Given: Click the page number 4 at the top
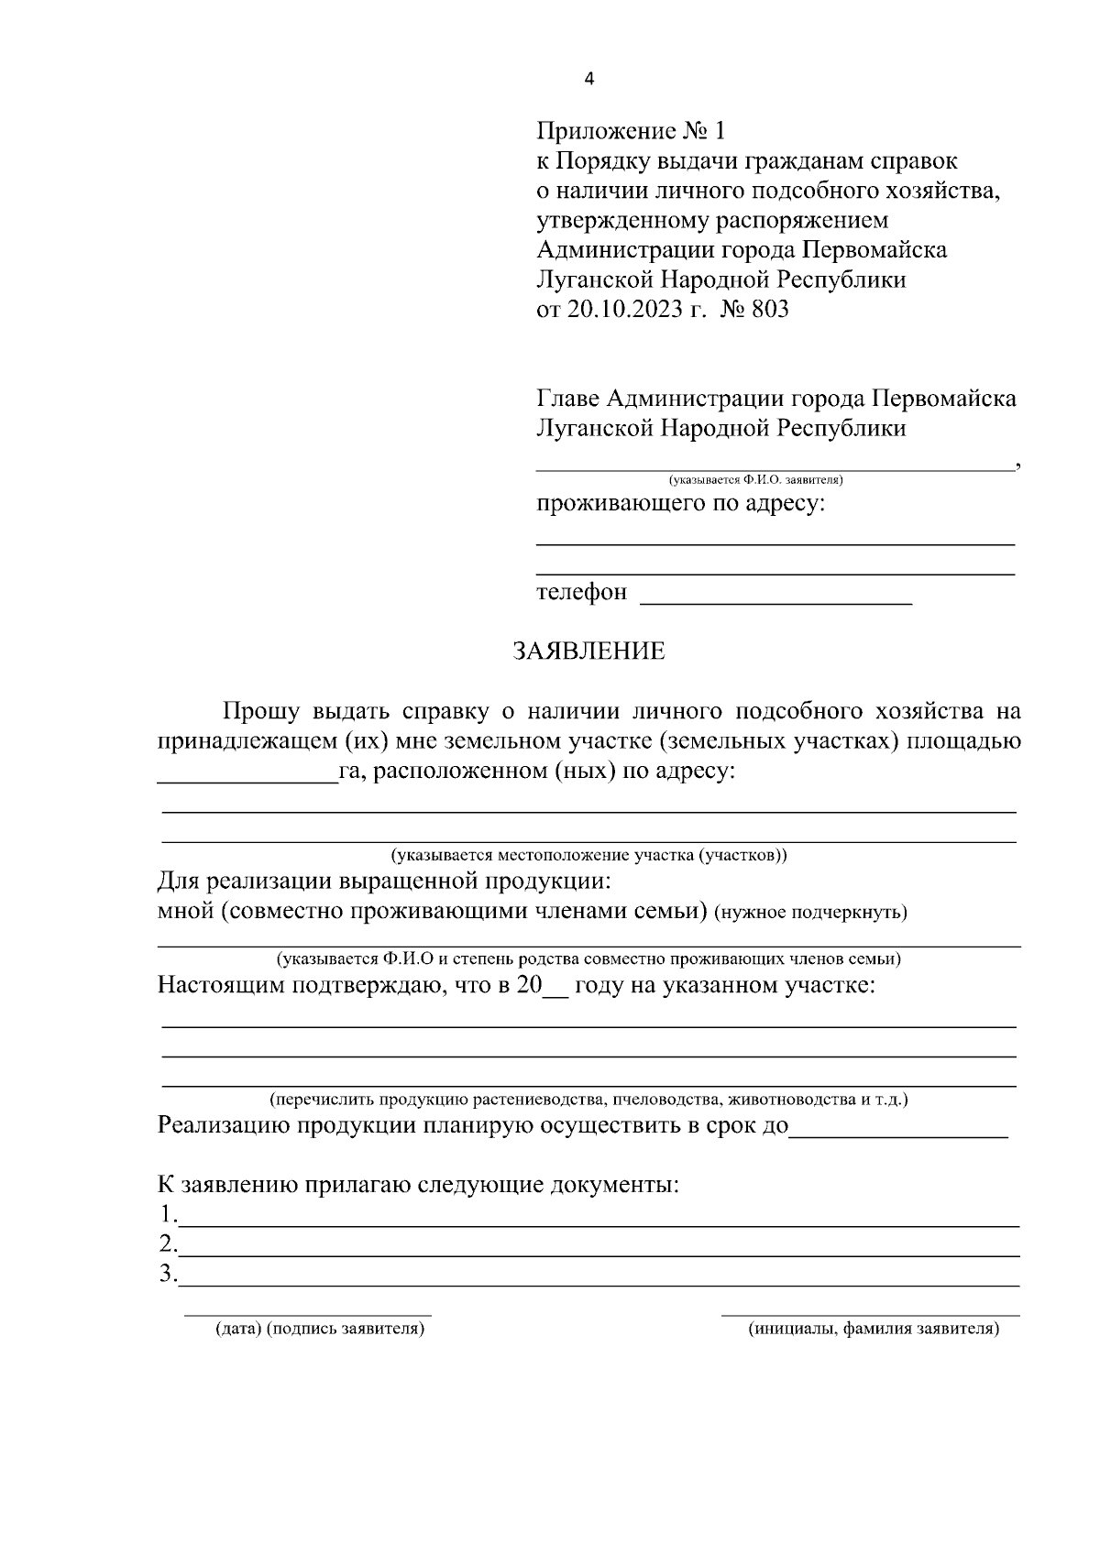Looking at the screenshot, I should tap(589, 80).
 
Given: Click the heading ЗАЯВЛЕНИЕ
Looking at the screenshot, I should tap(588, 652).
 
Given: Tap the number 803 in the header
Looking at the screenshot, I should tap(769, 310).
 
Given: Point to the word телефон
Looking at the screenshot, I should tap(581, 593).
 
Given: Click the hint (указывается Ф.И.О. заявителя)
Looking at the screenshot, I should tap(755, 479).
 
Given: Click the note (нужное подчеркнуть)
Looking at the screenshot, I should tap(810, 913).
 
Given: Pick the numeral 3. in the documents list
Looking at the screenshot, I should tap(167, 1274).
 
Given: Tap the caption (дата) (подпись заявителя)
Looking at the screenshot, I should tap(320, 1328).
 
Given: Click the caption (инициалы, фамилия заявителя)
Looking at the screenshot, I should tap(873, 1328).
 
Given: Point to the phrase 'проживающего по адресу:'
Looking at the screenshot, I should tap(680, 504).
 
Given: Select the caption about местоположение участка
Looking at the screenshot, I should tap(588, 856).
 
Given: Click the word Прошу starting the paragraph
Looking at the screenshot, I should tap(260, 711).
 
